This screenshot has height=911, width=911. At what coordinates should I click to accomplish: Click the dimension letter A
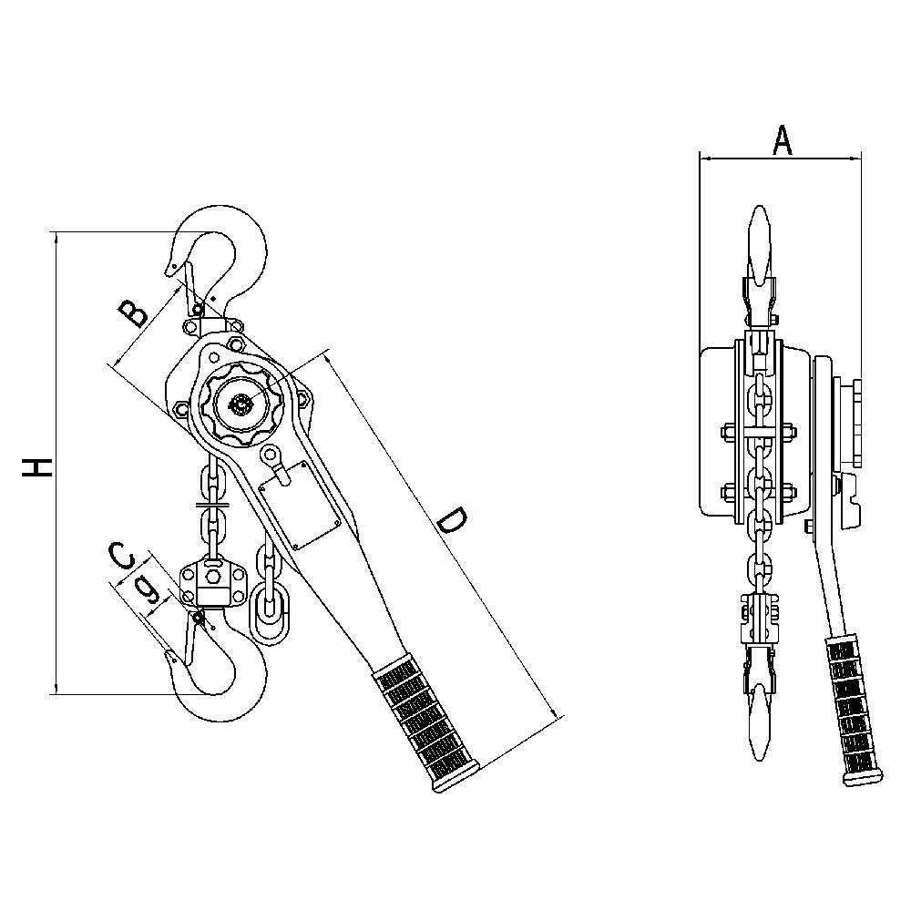tap(782, 139)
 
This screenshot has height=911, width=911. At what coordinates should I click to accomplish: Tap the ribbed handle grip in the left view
tap(428, 724)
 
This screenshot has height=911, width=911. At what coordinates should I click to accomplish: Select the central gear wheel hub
tap(242, 404)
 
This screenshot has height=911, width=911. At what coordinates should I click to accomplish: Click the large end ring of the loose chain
tap(270, 613)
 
